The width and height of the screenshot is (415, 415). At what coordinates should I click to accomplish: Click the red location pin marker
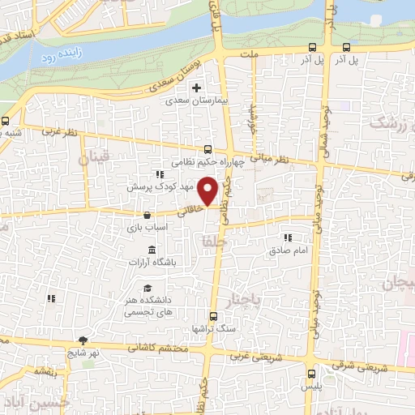click(x=208, y=191)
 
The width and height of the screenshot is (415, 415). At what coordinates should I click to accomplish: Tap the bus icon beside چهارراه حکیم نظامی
click(x=208, y=149)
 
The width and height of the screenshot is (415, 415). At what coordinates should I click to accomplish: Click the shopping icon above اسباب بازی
click(x=146, y=216)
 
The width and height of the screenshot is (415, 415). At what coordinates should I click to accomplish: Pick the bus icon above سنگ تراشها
click(x=212, y=316)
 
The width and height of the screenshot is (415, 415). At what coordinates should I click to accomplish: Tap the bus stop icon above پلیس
click(x=313, y=374)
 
